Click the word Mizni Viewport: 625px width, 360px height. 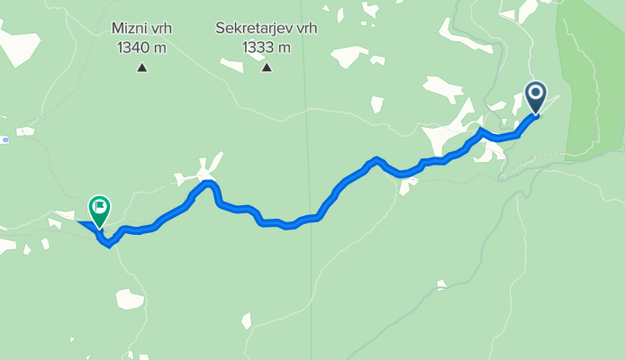[130, 29]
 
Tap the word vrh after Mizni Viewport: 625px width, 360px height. [161, 29]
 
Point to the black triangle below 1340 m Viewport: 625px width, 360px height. [141, 67]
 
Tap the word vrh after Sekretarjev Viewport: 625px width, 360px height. [300, 29]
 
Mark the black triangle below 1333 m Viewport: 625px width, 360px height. [266, 67]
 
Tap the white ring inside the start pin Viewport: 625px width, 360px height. [536, 92]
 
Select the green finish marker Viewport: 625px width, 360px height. [99, 210]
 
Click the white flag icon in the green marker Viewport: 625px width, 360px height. [99, 207]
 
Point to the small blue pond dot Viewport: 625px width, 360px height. [5, 139]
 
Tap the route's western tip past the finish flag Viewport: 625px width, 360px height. [80, 222]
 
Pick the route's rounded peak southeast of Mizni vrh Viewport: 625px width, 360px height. [210, 184]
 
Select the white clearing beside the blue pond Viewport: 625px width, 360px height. [24, 132]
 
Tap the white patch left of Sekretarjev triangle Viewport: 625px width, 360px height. [231, 66]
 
